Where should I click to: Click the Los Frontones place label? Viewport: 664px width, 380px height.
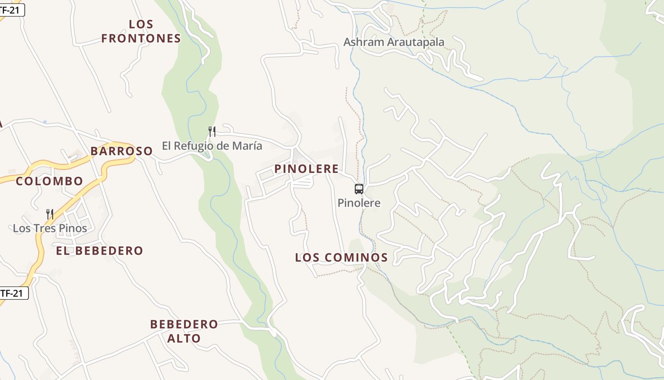click(141, 31)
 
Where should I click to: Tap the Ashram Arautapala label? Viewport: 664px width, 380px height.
click(394, 42)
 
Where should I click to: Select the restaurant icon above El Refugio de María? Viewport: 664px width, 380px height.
click(212, 132)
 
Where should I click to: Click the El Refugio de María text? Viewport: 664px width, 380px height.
click(212, 146)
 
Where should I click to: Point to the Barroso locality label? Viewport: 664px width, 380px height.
click(121, 151)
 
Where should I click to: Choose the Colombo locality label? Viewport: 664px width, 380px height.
click(49, 181)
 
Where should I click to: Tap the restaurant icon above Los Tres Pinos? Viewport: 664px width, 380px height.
click(50, 214)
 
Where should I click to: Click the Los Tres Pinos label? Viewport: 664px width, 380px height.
click(50, 228)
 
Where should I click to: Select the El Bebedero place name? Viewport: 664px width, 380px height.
click(100, 251)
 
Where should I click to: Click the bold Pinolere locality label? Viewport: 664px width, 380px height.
click(306, 169)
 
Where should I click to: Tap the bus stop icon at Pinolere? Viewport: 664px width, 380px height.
click(359, 189)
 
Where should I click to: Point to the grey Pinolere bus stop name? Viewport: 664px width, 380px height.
click(359, 203)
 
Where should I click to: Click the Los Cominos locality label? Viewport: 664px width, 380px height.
click(341, 257)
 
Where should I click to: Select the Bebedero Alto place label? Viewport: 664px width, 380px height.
click(184, 331)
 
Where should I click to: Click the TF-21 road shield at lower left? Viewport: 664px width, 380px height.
click(13, 293)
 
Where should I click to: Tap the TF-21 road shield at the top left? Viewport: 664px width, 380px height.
click(11, 9)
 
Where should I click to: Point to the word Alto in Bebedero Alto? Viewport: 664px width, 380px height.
click(184, 339)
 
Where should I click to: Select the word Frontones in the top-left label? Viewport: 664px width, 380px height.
click(141, 38)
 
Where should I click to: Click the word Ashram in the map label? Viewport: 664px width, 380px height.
click(363, 42)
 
